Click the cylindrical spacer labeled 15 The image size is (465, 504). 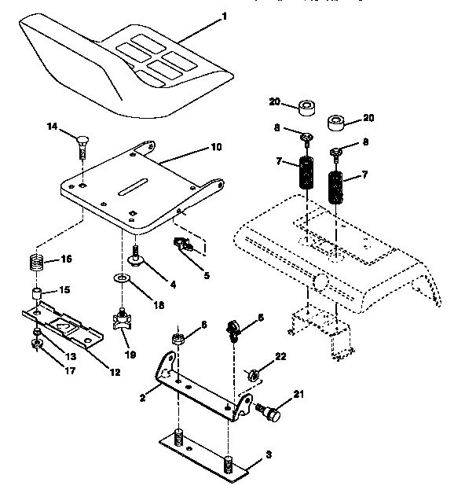35,295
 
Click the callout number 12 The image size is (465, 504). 115,371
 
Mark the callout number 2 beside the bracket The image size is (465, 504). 143,399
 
